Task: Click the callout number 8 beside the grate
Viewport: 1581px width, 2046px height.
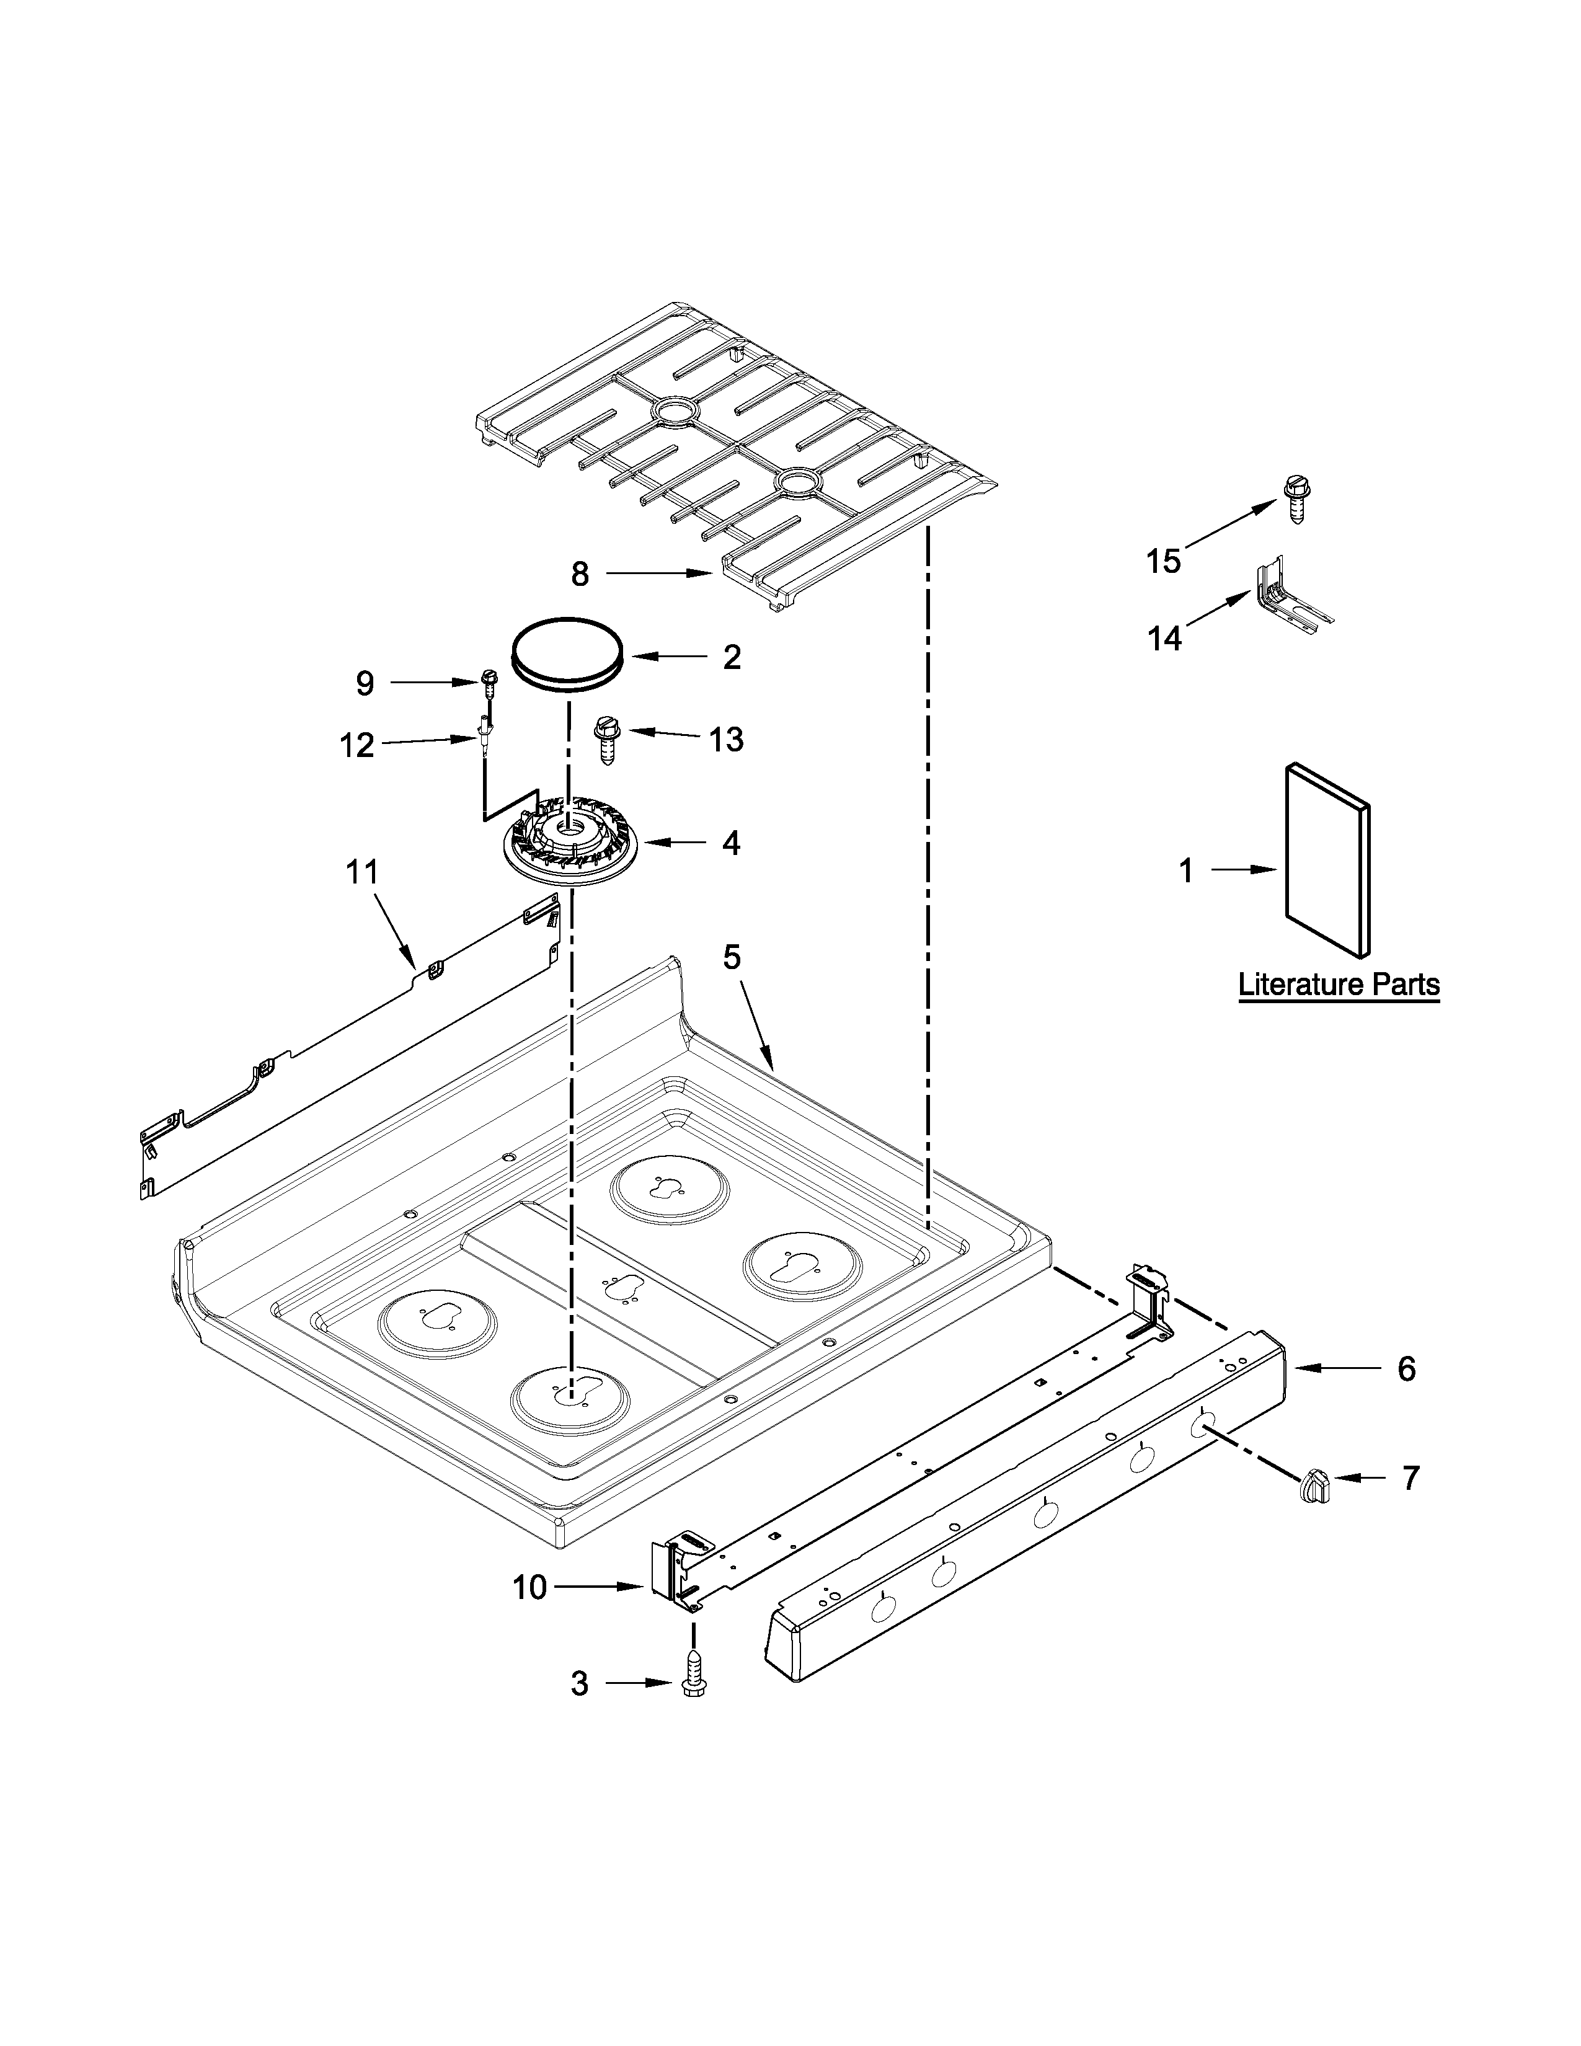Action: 580,574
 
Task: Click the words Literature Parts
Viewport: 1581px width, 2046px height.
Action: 1339,986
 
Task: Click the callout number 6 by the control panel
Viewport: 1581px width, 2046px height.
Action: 1407,1369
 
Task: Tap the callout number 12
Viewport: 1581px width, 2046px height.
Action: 357,746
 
